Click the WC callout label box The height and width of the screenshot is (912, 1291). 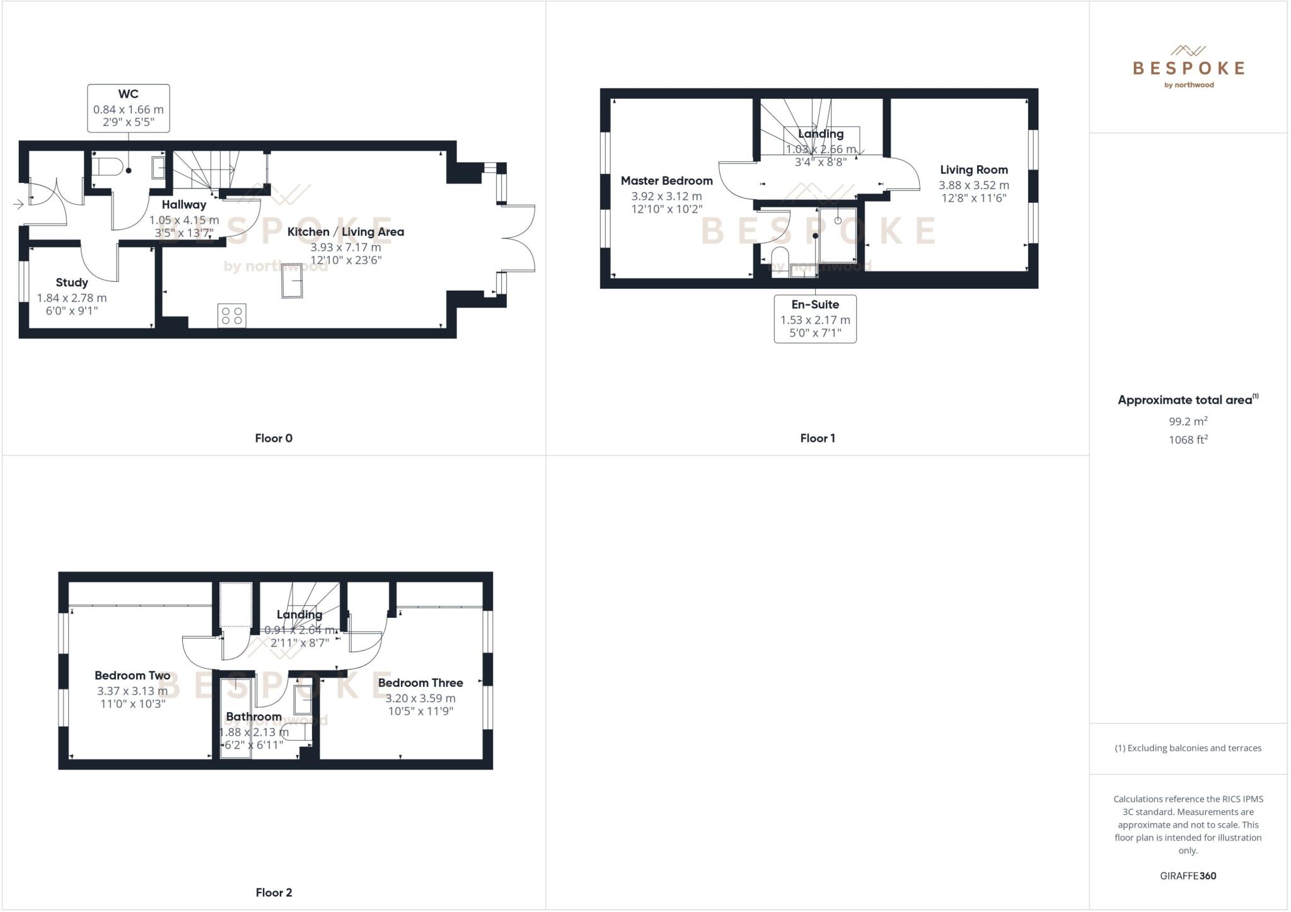tap(128, 108)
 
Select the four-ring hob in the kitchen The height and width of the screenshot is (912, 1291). tap(232, 316)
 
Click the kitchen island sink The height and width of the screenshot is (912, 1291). tap(292, 280)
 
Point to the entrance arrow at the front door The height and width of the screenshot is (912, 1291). tap(18, 204)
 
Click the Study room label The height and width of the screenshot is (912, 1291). tap(71, 282)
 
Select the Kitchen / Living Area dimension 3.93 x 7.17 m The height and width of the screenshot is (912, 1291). tap(345, 247)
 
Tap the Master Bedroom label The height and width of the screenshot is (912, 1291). tap(666, 181)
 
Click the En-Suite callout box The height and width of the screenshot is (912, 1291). tap(815, 319)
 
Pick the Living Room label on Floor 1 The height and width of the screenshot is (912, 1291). tap(973, 170)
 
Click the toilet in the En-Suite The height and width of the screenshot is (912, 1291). tap(780, 259)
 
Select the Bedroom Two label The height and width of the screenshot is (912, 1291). tap(132, 676)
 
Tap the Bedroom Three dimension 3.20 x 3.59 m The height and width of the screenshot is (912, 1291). tap(420, 698)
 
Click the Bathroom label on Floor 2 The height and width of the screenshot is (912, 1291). tap(253, 717)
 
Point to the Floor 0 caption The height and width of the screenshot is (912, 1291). tap(274, 438)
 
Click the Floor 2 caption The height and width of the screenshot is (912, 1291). tap(274, 892)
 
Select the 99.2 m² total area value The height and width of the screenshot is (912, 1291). tap(1188, 422)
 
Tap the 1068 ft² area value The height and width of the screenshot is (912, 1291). tap(1188, 440)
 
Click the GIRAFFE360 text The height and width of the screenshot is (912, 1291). tap(1188, 875)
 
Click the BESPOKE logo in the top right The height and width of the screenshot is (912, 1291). tap(1188, 67)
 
